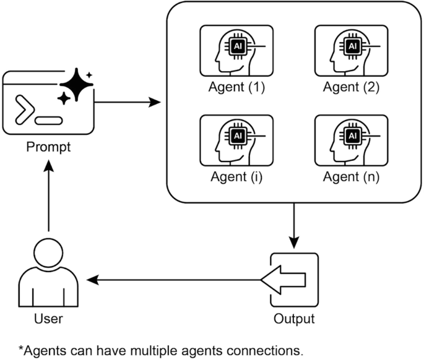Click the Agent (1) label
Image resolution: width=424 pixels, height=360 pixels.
tap(237, 87)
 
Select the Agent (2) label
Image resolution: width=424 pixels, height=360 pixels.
tap(352, 87)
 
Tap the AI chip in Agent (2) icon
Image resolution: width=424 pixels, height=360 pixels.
tap(352, 46)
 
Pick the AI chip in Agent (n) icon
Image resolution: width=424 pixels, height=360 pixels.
tap(352, 135)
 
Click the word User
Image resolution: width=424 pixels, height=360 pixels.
tap(48, 319)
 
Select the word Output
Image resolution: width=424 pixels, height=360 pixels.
tap(294, 319)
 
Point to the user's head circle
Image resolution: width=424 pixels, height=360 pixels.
tap(48, 255)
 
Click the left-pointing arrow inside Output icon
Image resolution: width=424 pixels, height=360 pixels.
tap(283, 280)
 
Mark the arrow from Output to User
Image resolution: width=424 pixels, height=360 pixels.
tap(173, 280)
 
